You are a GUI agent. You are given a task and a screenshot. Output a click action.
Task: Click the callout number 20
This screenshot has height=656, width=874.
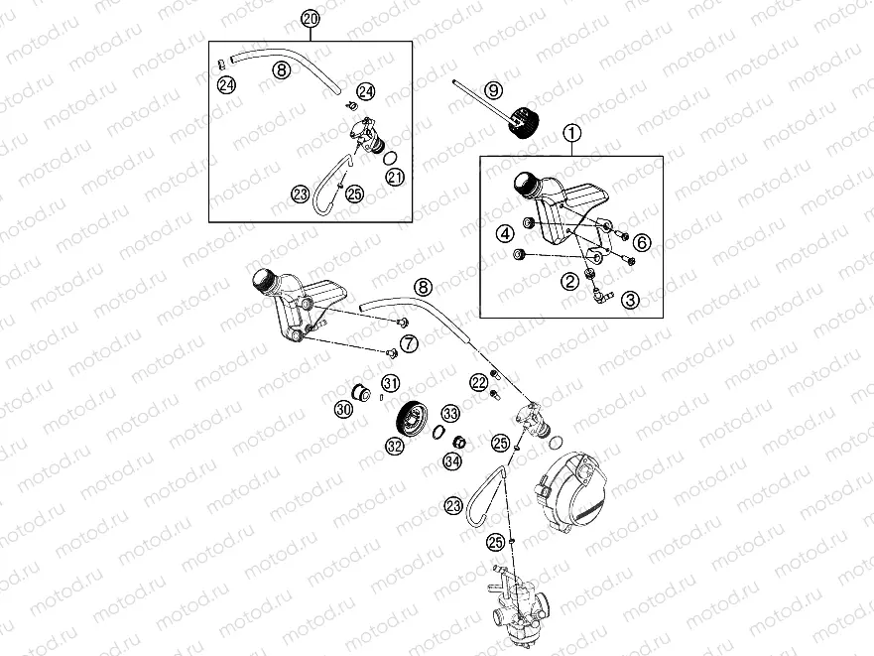(x=310, y=19)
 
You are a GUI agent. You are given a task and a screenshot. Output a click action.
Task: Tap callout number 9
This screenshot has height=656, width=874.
(x=490, y=91)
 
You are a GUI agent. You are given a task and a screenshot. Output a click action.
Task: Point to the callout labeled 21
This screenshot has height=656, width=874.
(x=395, y=178)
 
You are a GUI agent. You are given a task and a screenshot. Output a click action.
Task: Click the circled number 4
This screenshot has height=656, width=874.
(x=506, y=233)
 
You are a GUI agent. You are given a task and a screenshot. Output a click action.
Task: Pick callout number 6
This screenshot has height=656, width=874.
(x=642, y=242)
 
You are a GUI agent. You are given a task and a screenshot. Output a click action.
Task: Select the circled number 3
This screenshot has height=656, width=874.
(x=631, y=298)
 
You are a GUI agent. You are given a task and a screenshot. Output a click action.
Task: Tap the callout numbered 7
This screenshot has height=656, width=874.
(x=409, y=342)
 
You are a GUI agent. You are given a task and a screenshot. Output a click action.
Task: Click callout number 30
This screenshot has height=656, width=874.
(x=343, y=408)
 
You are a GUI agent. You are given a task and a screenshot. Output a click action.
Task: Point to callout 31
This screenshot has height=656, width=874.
(x=391, y=384)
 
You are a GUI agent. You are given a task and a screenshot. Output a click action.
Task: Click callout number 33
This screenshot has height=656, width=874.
(x=450, y=413)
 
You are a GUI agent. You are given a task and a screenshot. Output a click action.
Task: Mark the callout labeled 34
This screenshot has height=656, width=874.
(x=451, y=460)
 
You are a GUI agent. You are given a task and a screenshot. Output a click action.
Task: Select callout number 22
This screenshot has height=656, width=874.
(x=478, y=382)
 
